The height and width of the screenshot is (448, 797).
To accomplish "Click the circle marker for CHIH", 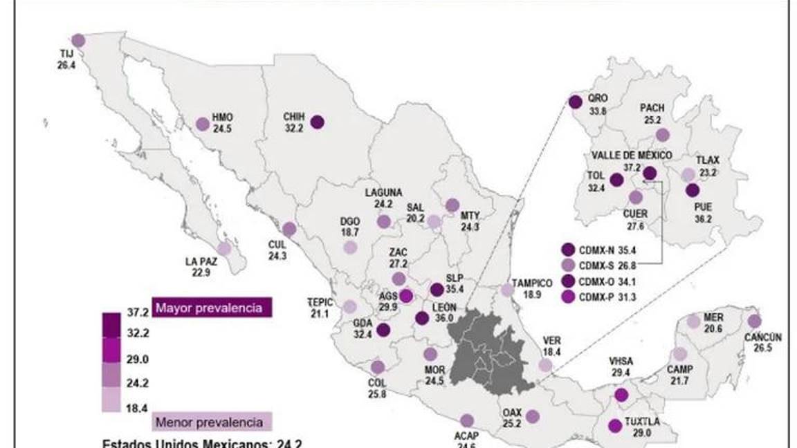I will [x=318, y=122].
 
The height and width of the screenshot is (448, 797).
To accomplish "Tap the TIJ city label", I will [x=66, y=53].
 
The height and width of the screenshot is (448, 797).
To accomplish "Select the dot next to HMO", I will [x=202, y=124].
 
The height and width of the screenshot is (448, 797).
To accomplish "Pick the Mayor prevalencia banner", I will [x=211, y=307].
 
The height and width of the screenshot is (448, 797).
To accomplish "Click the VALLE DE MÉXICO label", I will [x=631, y=155].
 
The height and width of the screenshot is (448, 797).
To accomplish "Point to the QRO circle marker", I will [x=575, y=102].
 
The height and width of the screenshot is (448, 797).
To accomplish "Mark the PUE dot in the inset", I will [x=692, y=191].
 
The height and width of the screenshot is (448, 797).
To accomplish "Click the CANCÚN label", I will [x=763, y=337].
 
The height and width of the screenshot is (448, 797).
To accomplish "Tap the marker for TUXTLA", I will [x=614, y=426].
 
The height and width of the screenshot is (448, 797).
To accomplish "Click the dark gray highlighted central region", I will [x=488, y=353].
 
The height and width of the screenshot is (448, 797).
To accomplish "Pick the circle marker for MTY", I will [x=452, y=205].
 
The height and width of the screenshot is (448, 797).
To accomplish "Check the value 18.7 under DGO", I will [x=349, y=233].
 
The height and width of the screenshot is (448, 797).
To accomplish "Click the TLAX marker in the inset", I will [x=688, y=175].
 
